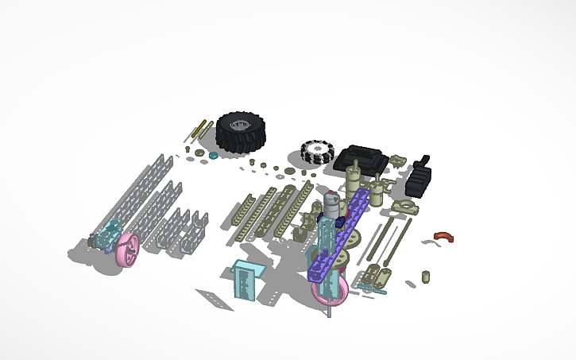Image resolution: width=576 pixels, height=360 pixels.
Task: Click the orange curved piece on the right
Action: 443,237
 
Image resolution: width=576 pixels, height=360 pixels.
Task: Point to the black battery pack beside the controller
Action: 418,177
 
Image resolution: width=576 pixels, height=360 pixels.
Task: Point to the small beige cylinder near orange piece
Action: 425,277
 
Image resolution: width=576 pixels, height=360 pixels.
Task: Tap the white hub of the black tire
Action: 238,125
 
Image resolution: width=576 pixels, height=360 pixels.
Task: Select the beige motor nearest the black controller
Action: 357,170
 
